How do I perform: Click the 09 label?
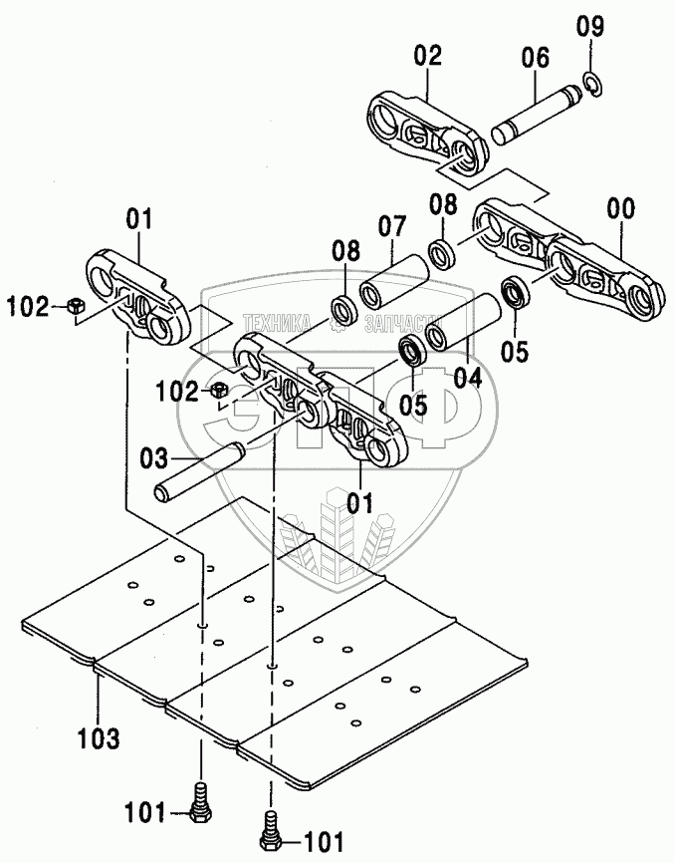pyautogui.click(x=591, y=27)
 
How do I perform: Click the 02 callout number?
pyautogui.click(x=428, y=57)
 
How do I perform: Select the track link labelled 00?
pyautogui.click(x=567, y=254)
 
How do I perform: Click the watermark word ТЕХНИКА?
pyautogui.click(x=272, y=322)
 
